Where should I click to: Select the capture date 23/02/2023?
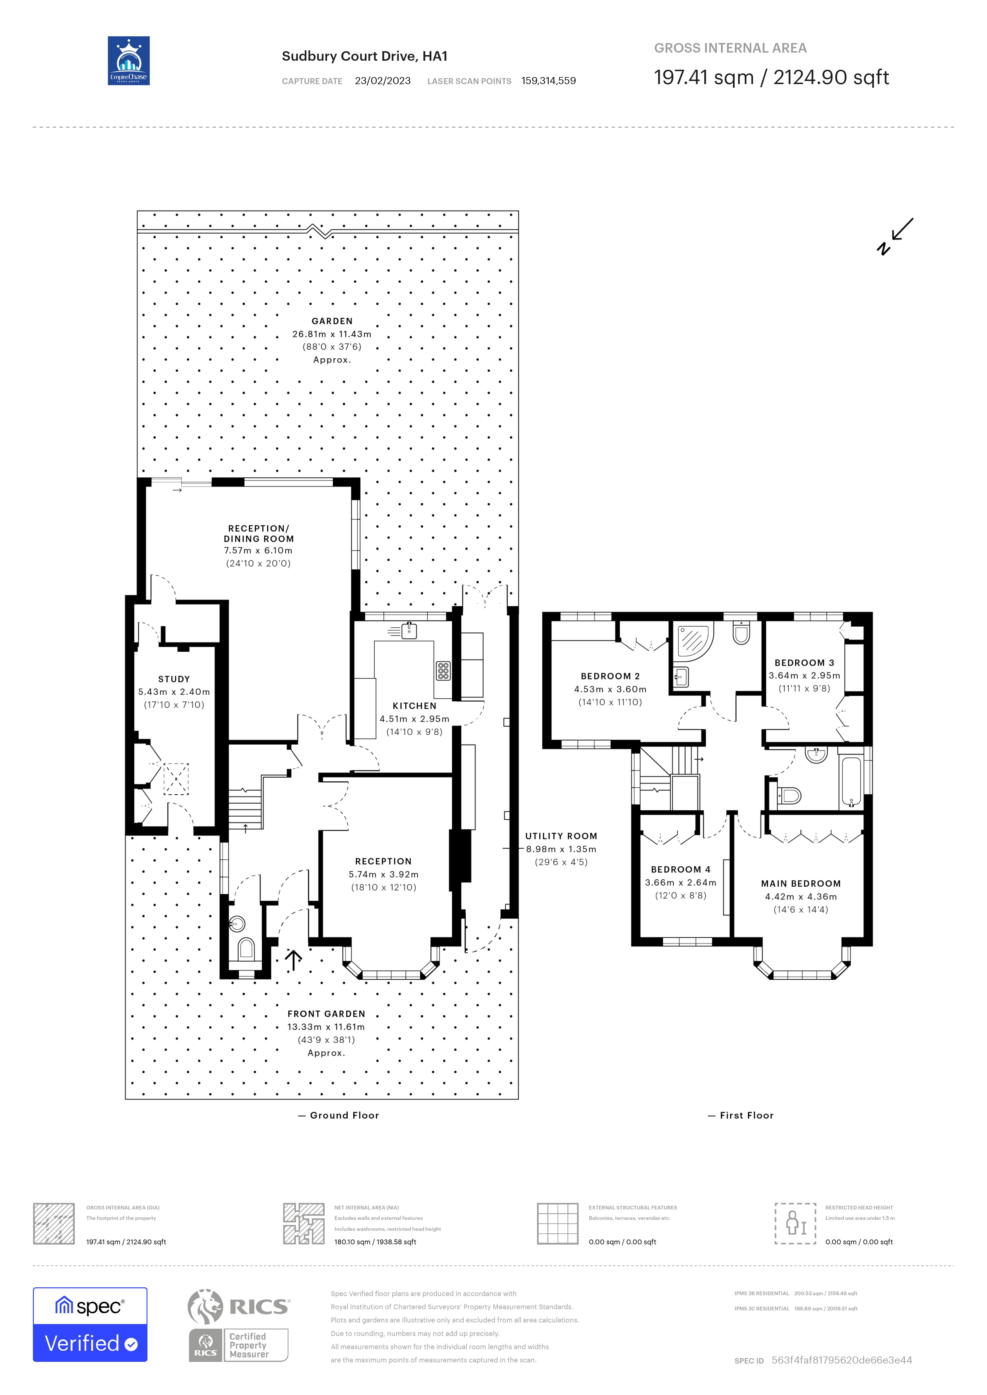tap(382, 81)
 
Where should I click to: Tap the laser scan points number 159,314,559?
tap(548, 81)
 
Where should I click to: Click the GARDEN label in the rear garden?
tap(332, 321)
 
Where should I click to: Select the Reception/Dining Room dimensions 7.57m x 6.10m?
tap(258, 551)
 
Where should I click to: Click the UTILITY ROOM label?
tap(561, 836)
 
